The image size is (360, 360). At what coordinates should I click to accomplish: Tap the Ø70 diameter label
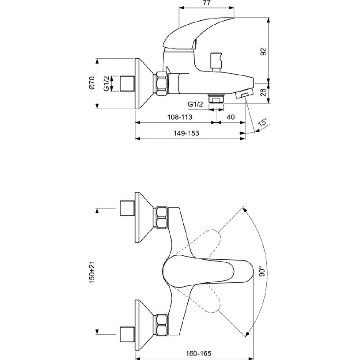click(91, 83)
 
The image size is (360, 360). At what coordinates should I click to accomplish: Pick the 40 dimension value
click(230, 117)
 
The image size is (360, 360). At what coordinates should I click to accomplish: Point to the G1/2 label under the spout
click(195, 104)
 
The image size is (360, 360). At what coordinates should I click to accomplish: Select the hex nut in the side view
click(161, 83)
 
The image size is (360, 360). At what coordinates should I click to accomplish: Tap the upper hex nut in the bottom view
click(161, 217)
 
